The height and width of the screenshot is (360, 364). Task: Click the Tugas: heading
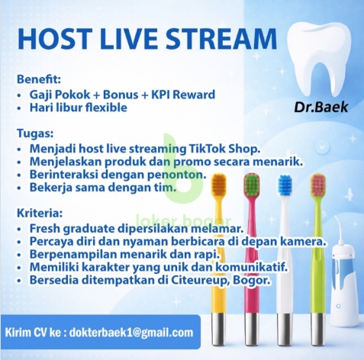(x=34, y=132)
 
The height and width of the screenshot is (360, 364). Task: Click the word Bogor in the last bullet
(x=253, y=281)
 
